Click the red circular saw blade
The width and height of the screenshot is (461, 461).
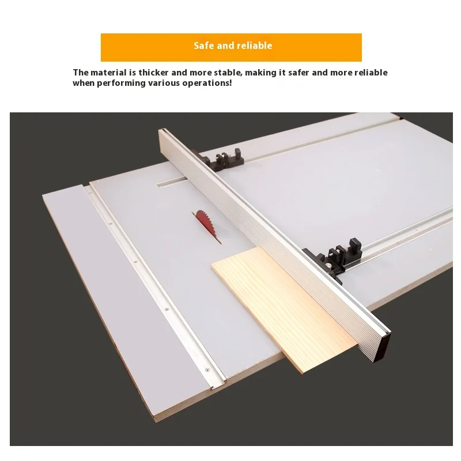tap(206, 225)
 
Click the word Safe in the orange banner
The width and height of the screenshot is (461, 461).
tap(203, 46)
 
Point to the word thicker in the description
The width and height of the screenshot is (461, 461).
tap(153, 73)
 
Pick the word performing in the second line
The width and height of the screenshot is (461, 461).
tap(122, 83)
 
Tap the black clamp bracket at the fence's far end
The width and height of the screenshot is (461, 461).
tap(219, 160)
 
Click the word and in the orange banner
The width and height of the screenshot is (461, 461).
tap(225, 46)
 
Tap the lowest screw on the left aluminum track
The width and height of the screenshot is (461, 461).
tap(207, 369)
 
